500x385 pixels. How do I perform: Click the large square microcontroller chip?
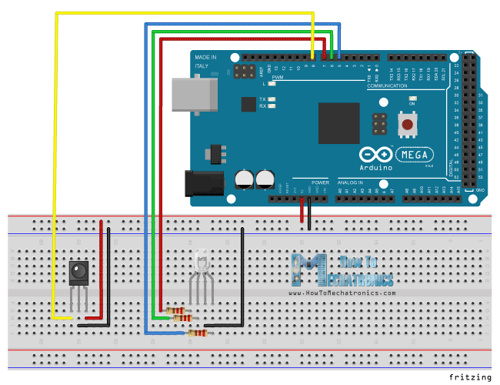pos(338,123)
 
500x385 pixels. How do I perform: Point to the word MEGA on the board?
pos(419,152)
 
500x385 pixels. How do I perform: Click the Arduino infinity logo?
pos(376,153)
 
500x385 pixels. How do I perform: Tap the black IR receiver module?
pos(78,272)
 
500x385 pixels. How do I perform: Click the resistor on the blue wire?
pos(198,333)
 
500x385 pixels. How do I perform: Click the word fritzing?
pos(469,377)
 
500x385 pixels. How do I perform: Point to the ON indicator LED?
pos(412,99)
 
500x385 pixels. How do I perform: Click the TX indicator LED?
pos(272,100)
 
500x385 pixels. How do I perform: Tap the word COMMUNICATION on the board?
pos(387,86)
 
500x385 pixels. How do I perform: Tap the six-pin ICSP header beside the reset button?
pos(378,124)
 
